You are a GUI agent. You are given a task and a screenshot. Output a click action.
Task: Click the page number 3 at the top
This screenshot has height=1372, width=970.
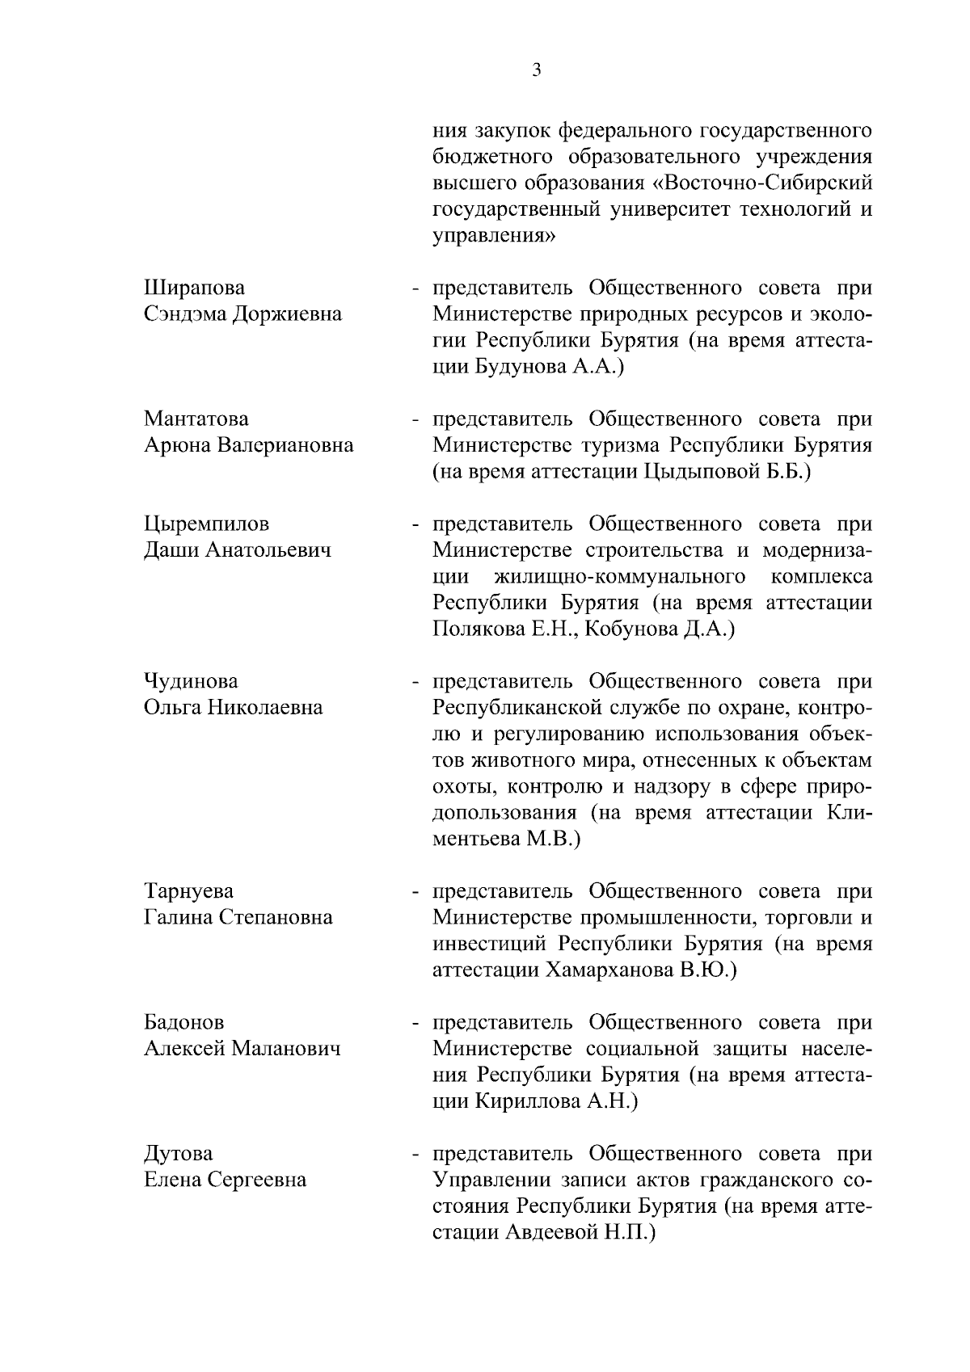pyautogui.click(x=536, y=70)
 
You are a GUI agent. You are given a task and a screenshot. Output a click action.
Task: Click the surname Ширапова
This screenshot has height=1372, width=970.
pyautogui.click(x=195, y=288)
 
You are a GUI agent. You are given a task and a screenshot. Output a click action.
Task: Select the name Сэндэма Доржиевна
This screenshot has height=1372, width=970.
pyautogui.click(x=242, y=314)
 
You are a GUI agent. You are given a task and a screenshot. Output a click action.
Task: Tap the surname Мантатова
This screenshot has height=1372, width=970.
pyautogui.click(x=196, y=419)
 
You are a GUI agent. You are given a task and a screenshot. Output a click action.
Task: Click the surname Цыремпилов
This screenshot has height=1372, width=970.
pyautogui.click(x=206, y=524)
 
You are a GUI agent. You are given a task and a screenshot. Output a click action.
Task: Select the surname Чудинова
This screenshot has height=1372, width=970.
pyautogui.click(x=191, y=681)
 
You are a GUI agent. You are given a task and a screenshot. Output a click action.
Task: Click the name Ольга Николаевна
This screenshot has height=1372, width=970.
pyautogui.click(x=233, y=708)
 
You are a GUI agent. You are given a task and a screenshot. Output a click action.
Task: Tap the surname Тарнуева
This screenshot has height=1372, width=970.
pyautogui.click(x=188, y=891)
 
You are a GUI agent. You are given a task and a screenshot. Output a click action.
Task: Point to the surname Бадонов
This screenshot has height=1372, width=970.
pyautogui.click(x=183, y=1022)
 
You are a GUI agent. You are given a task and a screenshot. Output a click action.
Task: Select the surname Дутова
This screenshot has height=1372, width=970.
pyautogui.click(x=178, y=1153)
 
